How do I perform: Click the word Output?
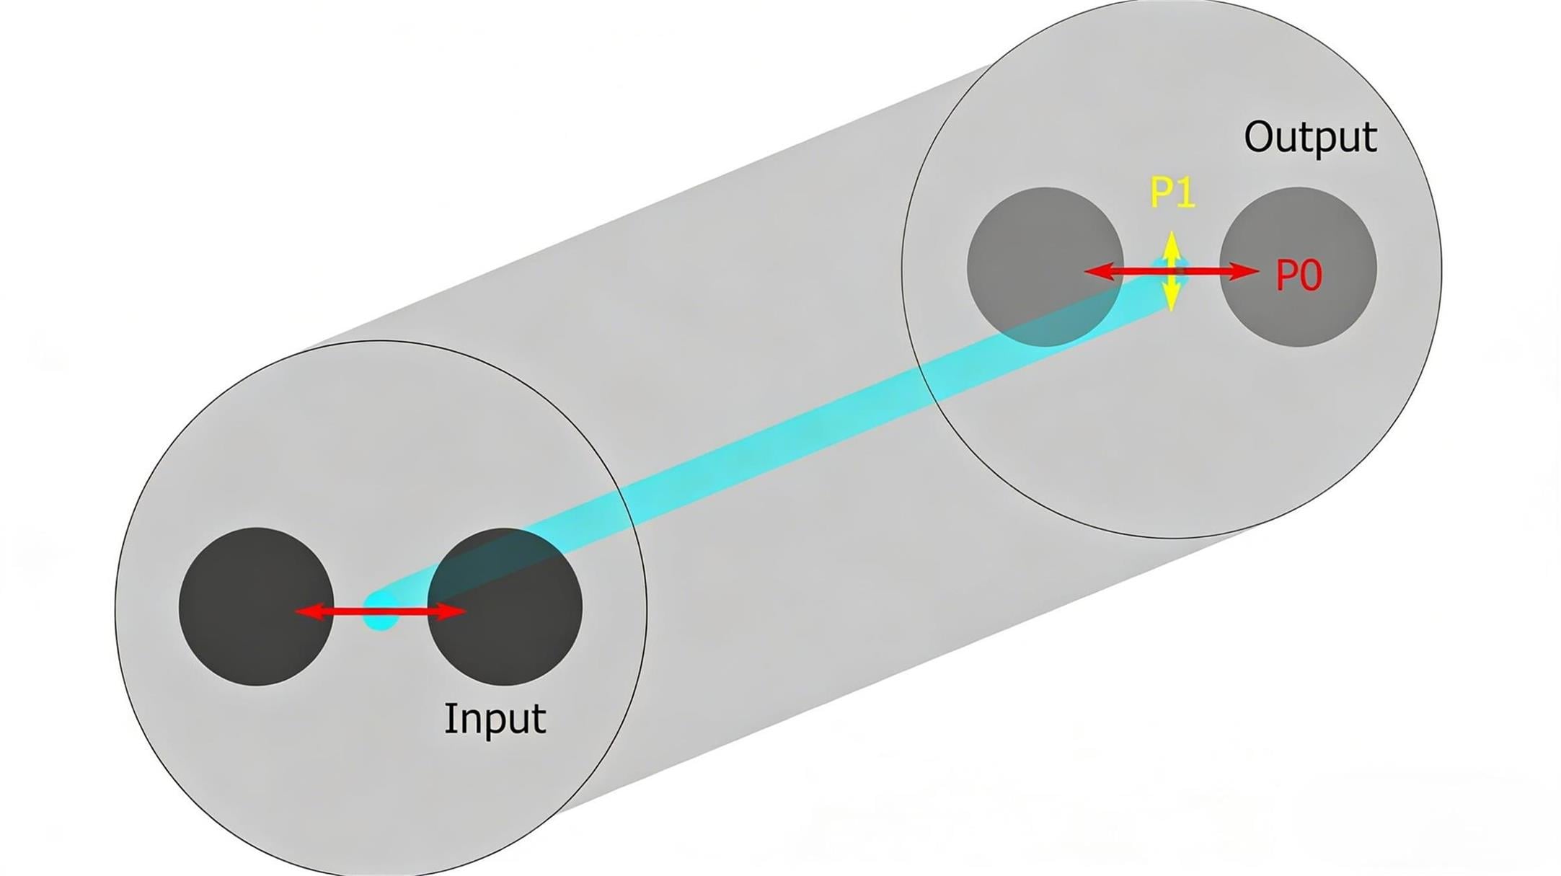[1310, 137]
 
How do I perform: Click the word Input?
[495, 719]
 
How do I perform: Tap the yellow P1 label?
[1172, 193]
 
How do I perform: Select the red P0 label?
[1299, 275]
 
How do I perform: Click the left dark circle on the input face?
[256, 606]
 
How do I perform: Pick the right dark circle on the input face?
[505, 606]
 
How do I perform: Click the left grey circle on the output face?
[1045, 267]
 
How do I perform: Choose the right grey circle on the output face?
[1298, 267]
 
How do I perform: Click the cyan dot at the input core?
[381, 611]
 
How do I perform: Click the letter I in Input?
[448, 717]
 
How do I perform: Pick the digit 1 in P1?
[1187, 193]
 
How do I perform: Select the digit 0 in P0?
[1311, 275]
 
